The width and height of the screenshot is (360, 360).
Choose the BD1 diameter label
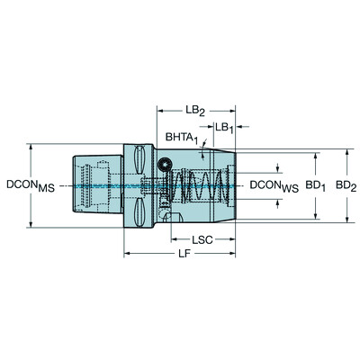tap(314, 185)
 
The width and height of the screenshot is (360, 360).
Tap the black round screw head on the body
tap(166, 164)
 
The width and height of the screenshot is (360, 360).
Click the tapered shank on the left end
tap(90, 185)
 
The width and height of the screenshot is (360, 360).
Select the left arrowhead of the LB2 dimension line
tap(161, 112)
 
